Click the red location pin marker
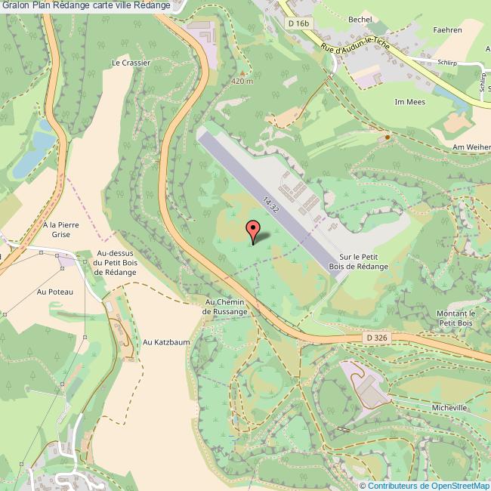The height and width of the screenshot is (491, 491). coord(253,230)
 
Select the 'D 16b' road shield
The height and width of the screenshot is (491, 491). coord(299,23)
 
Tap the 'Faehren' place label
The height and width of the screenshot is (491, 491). coord(448,30)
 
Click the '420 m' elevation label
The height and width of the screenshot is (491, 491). coord(241,81)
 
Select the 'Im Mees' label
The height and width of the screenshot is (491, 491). coord(410,101)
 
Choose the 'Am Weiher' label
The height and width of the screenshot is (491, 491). coord(471,147)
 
